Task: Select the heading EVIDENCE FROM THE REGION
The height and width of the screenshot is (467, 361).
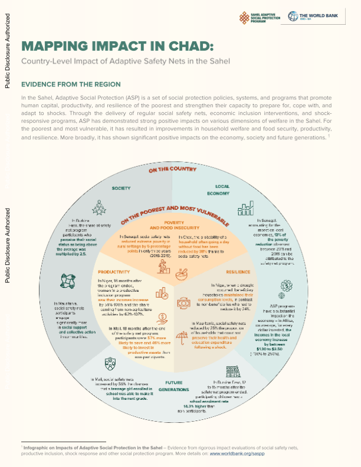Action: [71, 84]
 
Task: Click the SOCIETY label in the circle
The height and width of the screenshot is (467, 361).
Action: [121, 189]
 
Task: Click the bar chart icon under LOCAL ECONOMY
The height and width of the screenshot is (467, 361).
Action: [244, 209]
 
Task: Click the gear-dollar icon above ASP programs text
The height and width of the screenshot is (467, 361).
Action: [285, 287]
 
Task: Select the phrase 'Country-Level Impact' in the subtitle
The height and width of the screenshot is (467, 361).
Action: [58, 61]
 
